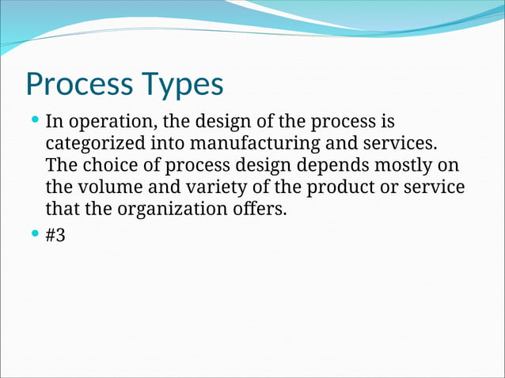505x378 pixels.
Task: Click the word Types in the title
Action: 181,84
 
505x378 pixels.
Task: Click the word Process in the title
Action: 78,84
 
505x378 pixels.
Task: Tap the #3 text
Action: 55,236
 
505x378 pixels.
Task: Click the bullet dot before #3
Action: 34,234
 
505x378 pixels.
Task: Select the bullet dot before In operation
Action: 34,121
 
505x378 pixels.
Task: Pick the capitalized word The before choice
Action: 60,166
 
